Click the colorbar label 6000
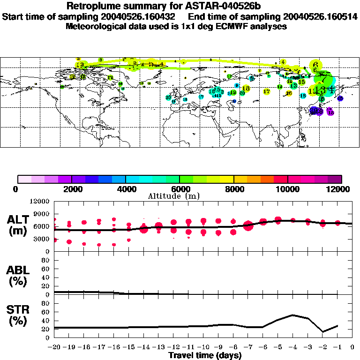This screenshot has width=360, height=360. [180, 189]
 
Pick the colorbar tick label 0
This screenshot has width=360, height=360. [18, 189]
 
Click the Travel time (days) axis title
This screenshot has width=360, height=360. [205, 355]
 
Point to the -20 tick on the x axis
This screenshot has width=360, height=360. [54, 347]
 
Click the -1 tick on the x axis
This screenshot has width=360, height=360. [337, 347]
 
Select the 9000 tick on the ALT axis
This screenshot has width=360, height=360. [42, 214]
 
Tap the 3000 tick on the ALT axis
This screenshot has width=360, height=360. [42, 239]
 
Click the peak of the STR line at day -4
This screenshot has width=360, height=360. [293, 315]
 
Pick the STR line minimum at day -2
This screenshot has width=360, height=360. [322, 332]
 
